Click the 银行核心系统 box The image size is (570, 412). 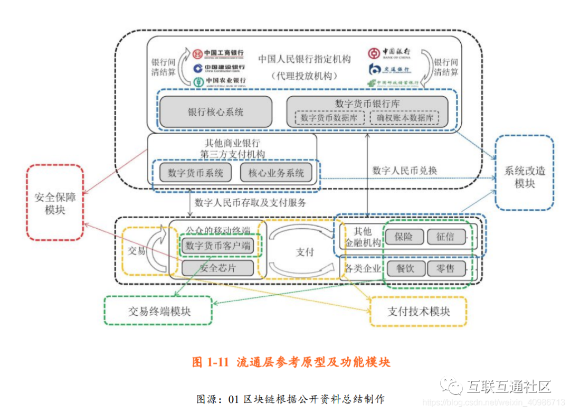(x=216, y=112)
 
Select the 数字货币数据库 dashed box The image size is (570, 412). (x=329, y=118)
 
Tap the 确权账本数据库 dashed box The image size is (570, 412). (x=405, y=118)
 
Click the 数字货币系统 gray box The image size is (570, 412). (x=196, y=173)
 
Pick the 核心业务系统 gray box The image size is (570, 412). (x=276, y=173)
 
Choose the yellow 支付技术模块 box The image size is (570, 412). (x=419, y=311)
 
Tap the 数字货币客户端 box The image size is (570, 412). (x=217, y=246)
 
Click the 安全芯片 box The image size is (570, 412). (x=217, y=268)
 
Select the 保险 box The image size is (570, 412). (x=404, y=237)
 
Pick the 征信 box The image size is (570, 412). (x=446, y=237)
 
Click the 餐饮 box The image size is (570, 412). (x=405, y=269)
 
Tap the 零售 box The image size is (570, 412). (x=446, y=269)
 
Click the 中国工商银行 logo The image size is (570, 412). (x=218, y=53)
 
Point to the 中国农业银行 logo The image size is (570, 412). (x=219, y=81)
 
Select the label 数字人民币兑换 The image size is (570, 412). (x=405, y=171)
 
